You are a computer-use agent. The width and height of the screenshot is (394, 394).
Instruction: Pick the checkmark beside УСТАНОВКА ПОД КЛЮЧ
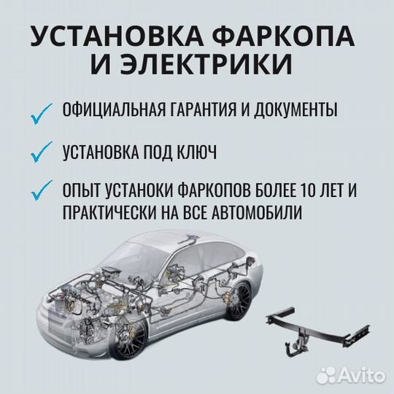42,153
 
